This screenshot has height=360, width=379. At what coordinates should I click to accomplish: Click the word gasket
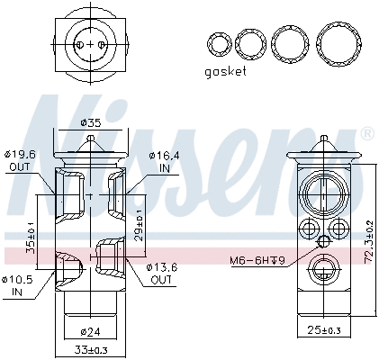[225, 72]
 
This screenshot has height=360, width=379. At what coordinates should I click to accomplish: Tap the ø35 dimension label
[90, 122]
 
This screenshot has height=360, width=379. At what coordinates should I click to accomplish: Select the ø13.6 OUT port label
[163, 274]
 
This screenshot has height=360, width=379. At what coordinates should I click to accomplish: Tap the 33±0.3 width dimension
[91, 349]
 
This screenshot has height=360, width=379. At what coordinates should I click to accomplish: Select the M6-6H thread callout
[256, 261]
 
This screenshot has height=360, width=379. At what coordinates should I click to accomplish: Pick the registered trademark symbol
[366, 132]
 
